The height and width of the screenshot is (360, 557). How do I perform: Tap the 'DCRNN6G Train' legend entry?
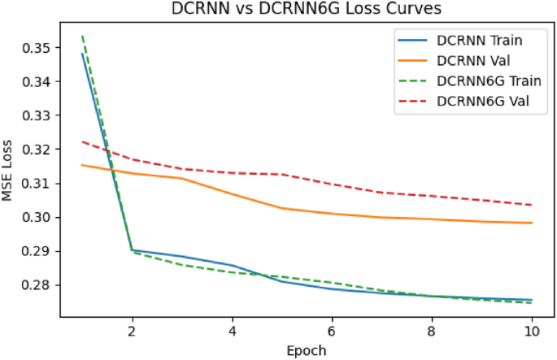click(486, 82)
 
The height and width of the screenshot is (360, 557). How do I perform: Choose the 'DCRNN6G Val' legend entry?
click(481, 103)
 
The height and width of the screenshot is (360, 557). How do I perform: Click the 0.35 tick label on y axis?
click(40, 48)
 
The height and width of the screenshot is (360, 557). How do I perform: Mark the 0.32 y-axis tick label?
click(40, 150)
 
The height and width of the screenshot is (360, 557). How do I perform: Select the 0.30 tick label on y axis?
click(40, 217)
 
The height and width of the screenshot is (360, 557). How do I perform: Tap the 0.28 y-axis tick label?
click(40, 285)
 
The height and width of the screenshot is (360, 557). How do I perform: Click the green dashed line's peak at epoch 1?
click(82, 36)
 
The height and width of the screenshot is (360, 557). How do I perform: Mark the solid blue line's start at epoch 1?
click(82, 54)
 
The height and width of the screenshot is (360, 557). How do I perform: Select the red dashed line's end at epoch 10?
click(531, 205)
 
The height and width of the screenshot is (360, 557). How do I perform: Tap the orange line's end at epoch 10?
click(531, 223)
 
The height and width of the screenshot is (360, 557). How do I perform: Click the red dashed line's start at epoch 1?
click(82, 141)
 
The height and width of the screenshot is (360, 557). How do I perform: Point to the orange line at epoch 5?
click(282, 208)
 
